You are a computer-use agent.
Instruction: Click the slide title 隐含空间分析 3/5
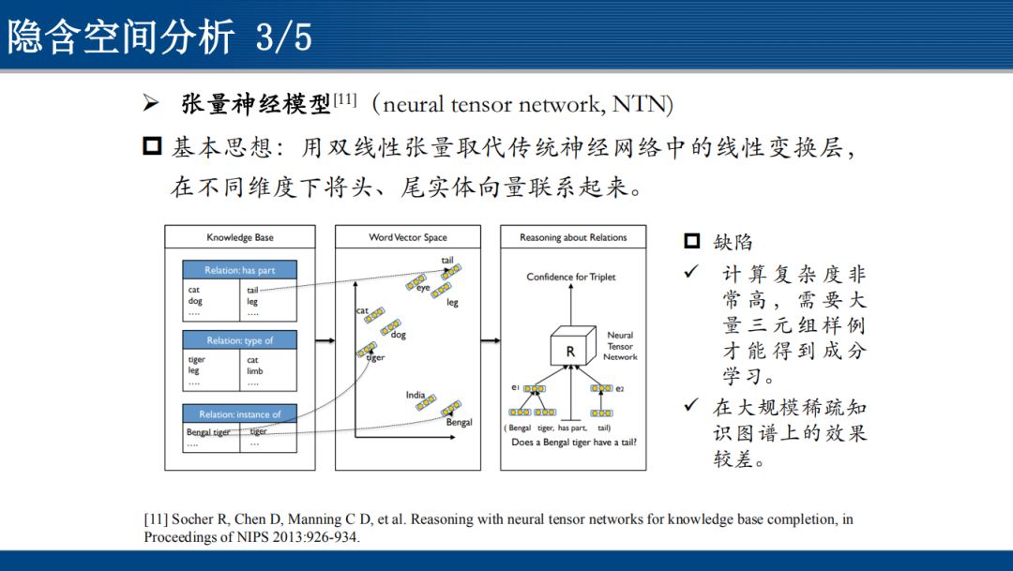coord(159,37)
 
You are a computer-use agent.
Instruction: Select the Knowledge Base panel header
coord(240,237)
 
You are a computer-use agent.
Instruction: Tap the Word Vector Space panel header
coord(408,237)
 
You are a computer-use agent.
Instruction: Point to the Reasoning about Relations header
coord(573,237)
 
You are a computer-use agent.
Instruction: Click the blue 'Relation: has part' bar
coord(240,270)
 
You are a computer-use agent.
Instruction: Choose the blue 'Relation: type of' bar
coord(240,340)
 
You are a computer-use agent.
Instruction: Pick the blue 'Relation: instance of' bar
coord(240,414)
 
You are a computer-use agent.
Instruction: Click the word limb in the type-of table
coord(255,371)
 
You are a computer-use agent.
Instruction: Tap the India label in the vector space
coord(416,395)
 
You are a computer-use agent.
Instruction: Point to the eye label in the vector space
coord(424,289)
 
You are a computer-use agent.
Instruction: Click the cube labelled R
coord(571,350)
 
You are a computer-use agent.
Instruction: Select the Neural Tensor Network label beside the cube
coord(620,345)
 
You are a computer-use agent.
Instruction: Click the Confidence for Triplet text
coord(571,277)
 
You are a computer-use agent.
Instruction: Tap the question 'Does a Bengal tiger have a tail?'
coord(574,442)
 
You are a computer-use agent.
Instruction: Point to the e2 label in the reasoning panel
coord(620,388)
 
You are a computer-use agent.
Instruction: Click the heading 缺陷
coord(733,242)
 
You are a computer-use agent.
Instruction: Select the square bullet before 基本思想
coord(152,147)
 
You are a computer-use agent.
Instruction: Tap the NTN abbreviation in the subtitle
coord(641,104)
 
